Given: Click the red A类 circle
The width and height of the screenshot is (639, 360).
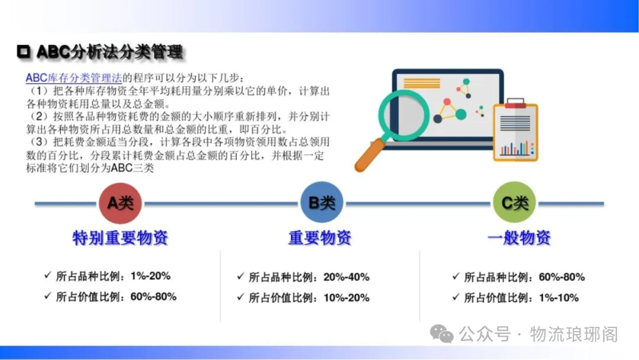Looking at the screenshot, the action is click(x=120, y=203).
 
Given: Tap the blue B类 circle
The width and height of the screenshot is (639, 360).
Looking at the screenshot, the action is click(x=321, y=202).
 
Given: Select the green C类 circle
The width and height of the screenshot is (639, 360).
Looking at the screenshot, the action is click(x=514, y=202).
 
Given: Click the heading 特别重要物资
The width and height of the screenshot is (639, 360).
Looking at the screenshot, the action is click(x=120, y=237).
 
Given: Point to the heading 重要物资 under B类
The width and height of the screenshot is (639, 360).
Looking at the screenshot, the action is click(x=320, y=237).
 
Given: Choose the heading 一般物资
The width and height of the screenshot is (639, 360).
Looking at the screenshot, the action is click(x=519, y=237).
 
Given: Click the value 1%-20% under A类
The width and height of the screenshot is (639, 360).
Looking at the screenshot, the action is click(x=150, y=276).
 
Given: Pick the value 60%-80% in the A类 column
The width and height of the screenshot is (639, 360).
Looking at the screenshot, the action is click(x=153, y=297).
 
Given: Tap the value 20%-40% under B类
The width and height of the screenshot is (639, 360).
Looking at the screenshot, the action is click(x=346, y=277).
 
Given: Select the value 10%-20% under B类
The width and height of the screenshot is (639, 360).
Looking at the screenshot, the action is click(x=346, y=298).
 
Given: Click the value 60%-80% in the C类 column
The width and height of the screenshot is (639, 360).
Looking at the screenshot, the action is click(x=561, y=277).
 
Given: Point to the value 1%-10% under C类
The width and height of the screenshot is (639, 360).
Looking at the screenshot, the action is click(x=559, y=298).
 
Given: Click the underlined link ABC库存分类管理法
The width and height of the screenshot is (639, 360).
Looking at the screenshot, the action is click(x=74, y=78).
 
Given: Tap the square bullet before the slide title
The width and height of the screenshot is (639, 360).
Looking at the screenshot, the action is click(x=24, y=52).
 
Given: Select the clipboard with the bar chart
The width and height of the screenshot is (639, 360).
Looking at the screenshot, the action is click(x=515, y=130).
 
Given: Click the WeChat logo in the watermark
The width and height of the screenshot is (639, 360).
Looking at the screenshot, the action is click(x=442, y=335).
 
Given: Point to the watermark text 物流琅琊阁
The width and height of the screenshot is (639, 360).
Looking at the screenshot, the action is click(x=574, y=335).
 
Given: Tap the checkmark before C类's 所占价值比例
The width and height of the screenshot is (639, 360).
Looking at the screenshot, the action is click(x=456, y=297).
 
